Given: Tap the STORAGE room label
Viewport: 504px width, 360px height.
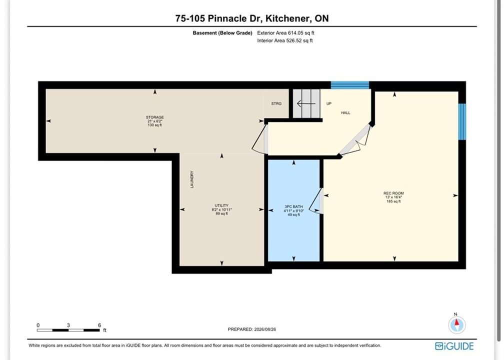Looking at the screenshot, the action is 155,117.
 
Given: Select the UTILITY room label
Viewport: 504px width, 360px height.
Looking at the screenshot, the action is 221,205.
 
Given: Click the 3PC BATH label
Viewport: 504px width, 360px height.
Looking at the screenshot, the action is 294,206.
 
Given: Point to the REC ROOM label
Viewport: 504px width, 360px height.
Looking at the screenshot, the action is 393,193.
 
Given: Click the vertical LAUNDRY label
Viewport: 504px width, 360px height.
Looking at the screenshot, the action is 192,179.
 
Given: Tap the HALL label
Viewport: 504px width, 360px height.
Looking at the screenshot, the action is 345,113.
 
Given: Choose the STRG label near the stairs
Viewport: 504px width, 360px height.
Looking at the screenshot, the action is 276,103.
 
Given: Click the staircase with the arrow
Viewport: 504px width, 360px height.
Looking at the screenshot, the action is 306,103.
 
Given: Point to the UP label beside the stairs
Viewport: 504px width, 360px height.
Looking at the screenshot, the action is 329,103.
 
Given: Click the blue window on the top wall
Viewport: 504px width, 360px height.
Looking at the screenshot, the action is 350,85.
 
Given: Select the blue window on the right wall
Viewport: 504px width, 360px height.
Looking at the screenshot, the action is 462,121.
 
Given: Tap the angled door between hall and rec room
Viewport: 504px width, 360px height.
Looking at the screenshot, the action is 355,140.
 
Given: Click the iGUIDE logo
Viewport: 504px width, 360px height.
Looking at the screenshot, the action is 454,346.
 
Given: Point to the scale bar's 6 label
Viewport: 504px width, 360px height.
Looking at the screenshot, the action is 99,325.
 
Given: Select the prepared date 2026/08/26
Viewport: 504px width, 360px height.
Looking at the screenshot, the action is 265,329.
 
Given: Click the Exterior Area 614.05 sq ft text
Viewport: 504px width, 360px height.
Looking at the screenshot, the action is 286,33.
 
